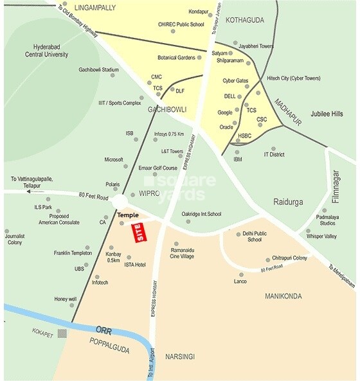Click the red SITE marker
coord(137,232)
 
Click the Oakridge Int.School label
coord(201,214)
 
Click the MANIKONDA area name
coord(287,296)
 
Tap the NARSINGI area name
coord(180,356)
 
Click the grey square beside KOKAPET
coord(62,332)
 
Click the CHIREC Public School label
coord(181,24)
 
